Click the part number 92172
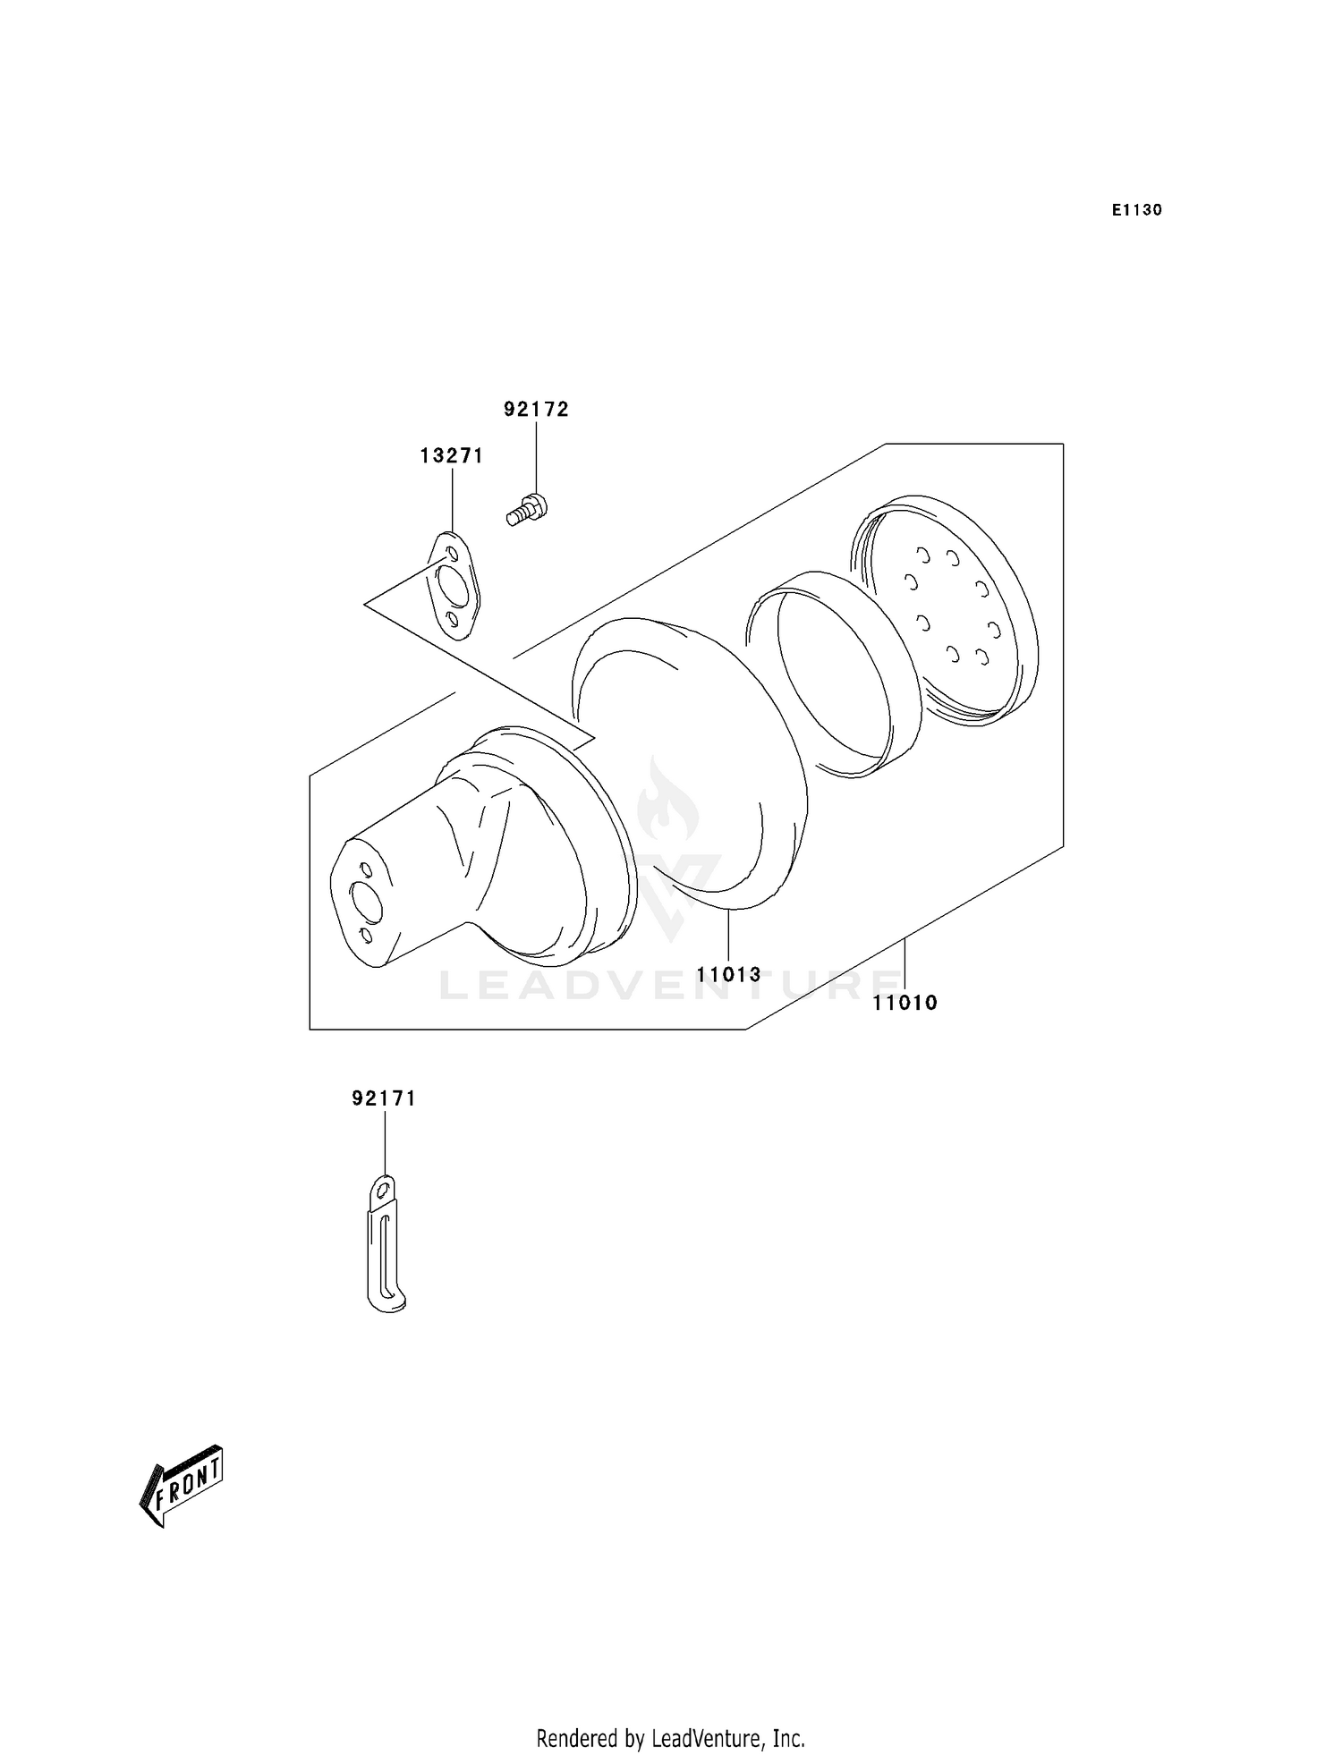[x=536, y=410]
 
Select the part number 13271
[x=452, y=456]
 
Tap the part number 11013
[x=729, y=974]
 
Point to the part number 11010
[x=905, y=1003]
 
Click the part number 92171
[x=384, y=1098]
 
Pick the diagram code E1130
[x=1136, y=210]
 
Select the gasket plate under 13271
[x=454, y=587]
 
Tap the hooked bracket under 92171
[x=385, y=1248]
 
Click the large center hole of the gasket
[x=454, y=586]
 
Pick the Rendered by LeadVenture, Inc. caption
[x=670, y=1714]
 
